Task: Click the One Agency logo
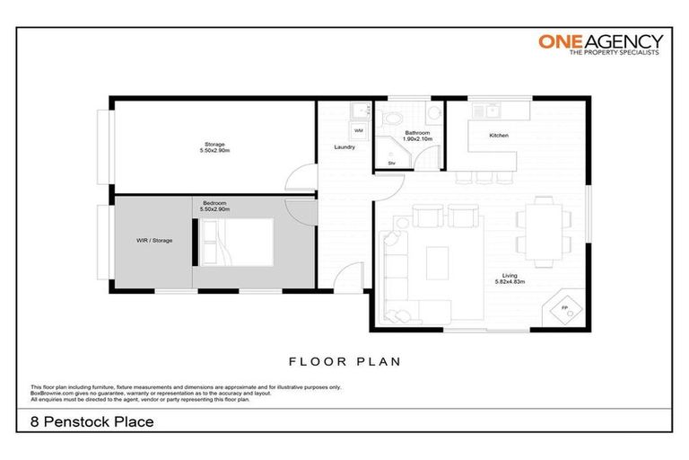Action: pos(600,45)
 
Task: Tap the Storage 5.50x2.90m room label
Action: pos(215,147)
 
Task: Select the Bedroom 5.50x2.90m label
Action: pos(215,206)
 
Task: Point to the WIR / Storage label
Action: pos(154,241)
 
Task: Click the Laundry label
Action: pos(344,146)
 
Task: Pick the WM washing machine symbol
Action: pos(359,131)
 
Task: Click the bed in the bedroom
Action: pos(238,243)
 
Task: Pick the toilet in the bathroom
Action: pos(432,113)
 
